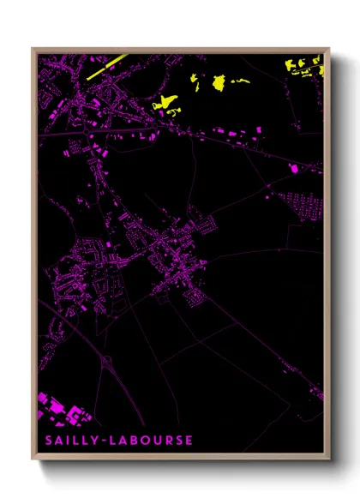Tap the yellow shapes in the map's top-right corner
[304, 67]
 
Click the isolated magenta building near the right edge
[298, 169]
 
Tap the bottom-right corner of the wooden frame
[328, 459]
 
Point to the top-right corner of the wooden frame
[328, 49]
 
